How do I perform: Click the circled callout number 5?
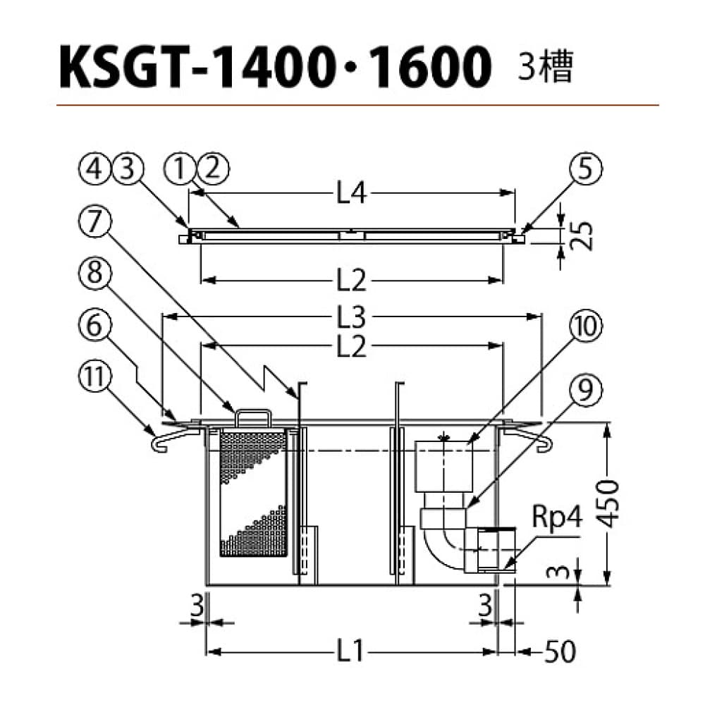tap(585, 170)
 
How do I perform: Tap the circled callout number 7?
tap(94, 222)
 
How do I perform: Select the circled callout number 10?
tap(585, 326)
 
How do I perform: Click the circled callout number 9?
tap(585, 391)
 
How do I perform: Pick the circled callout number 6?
tap(94, 326)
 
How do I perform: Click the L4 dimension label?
tap(352, 195)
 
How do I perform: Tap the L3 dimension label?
tap(352, 318)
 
